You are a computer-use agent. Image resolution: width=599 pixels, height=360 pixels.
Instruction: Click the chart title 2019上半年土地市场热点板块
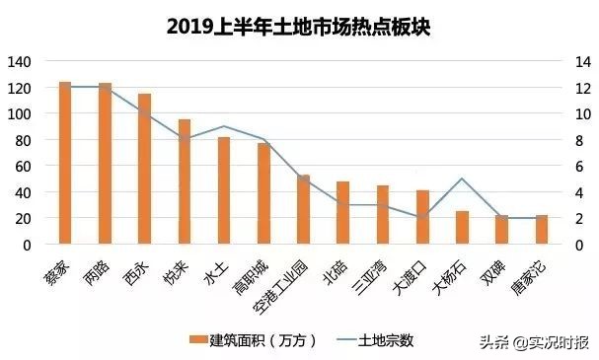coord(299,25)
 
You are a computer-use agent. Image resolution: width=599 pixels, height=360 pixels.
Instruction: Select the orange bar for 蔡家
coord(65,163)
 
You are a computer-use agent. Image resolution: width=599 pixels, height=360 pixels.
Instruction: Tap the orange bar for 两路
coord(105,164)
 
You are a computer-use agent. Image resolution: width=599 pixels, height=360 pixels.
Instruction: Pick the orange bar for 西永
coord(144,169)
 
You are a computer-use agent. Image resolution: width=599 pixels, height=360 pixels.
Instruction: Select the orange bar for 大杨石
coord(462,228)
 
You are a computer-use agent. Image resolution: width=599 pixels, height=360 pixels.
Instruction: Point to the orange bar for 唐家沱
coord(542,230)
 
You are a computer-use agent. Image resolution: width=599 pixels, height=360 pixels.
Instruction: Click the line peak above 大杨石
coord(462,179)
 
